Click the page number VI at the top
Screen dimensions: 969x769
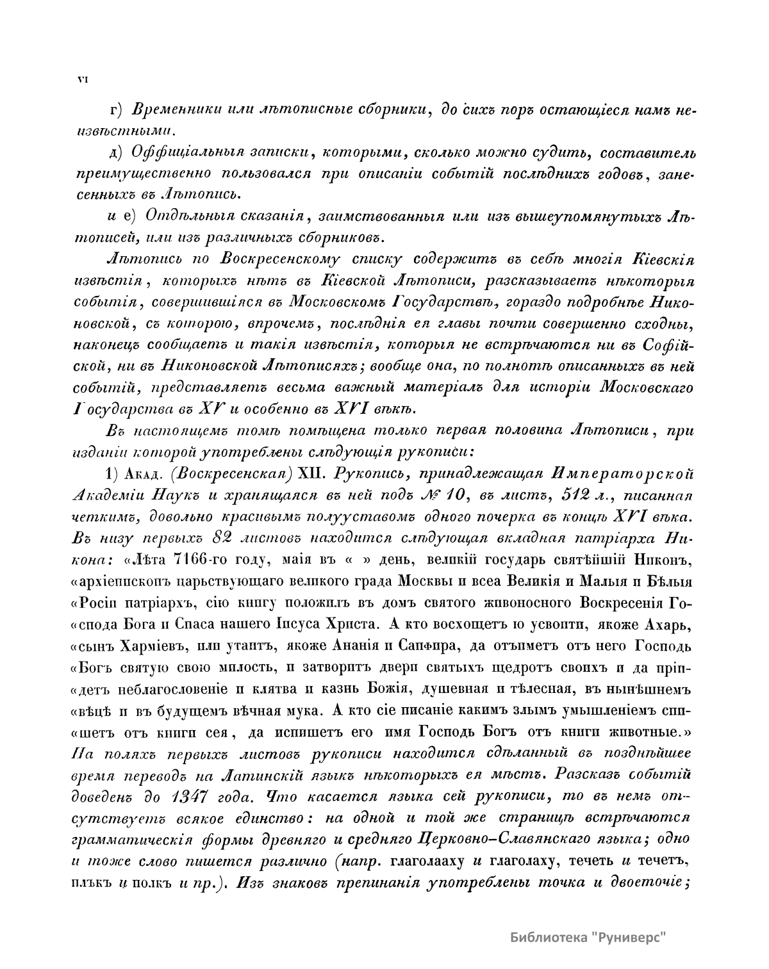(82, 79)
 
